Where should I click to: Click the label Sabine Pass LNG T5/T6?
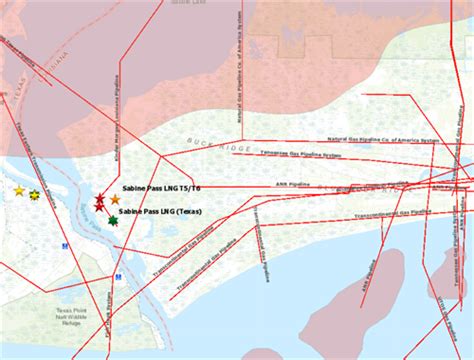[161, 188]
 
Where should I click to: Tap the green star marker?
[112, 221]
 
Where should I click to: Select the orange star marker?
[115, 201]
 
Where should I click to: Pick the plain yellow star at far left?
[18, 190]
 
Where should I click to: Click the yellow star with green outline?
[35, 194]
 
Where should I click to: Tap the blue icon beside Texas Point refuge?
[118, 277]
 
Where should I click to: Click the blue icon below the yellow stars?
[66, 244]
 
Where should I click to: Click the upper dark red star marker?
[100, 198]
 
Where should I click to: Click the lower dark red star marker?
[100, 206]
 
